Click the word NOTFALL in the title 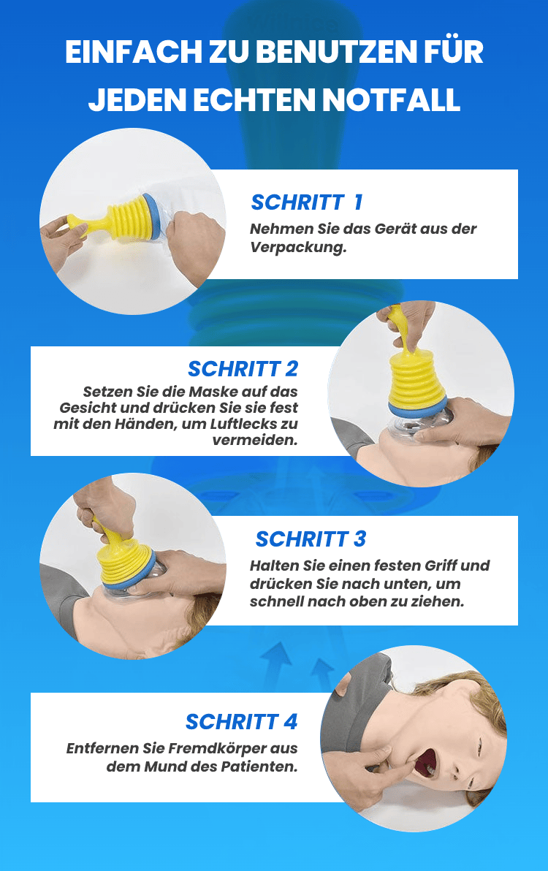click(x=391, y=100)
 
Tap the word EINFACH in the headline click(x=133, y=52)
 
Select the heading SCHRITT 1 click(x=307, y=202)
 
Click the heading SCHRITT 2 click(x=243, y=369)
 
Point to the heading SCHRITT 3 click(x=311, y=539)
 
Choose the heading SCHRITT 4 click(x=242, y=722)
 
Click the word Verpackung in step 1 click(x=298, y=248)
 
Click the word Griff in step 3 click(x=441, y=566)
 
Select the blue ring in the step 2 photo click(x=417, y=408)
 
